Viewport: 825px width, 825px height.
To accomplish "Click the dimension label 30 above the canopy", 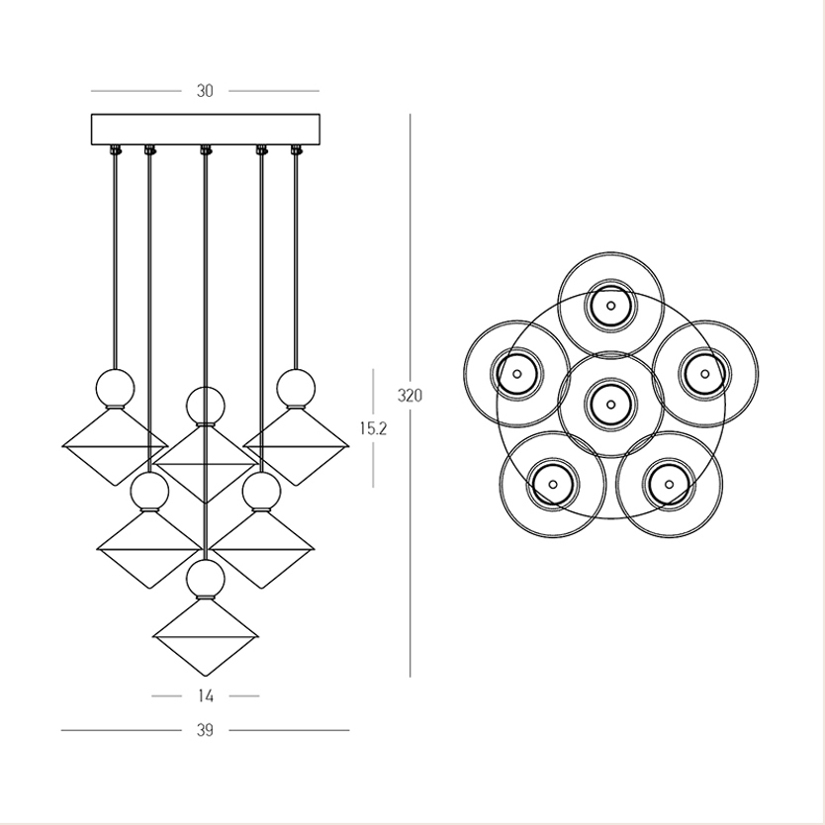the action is click(x=205, y=91).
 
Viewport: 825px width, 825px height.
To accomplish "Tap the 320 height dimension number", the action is click(x=410, y=395).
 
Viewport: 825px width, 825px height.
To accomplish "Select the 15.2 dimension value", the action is click(x=373, y=428).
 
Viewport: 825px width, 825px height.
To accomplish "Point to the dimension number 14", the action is click(x=206, y=696).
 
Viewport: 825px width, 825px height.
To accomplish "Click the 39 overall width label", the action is click(x=205, y=730).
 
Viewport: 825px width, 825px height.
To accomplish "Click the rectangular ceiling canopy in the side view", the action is click(x=206, y=130).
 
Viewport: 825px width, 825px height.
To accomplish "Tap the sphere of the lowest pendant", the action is click(x=206, y=579).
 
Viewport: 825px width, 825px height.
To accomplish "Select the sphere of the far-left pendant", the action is click(x=115, y=388).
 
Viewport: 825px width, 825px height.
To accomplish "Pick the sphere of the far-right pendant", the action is click(x=296, y=388).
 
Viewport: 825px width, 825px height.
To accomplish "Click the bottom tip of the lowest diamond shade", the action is click(x=206, y=676).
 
